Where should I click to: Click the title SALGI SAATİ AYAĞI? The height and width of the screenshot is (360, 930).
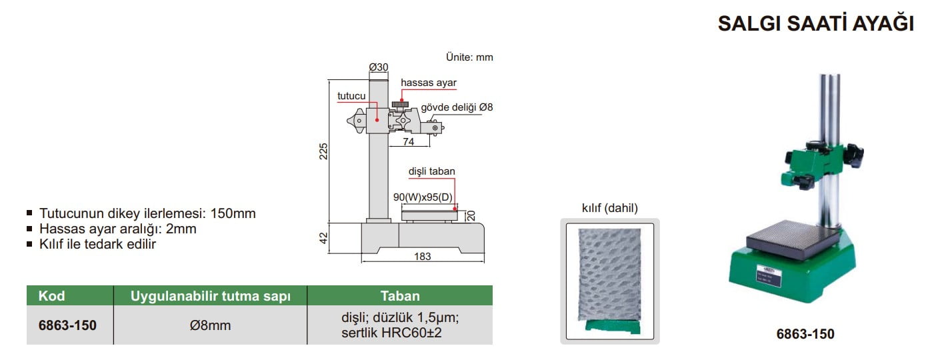[815, 23]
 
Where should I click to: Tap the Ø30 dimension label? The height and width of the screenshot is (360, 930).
[379, 67]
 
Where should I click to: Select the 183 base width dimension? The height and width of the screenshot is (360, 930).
[422, 256]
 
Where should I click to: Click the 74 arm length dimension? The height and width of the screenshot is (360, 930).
[408, 142]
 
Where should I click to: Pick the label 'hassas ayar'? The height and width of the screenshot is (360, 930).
[429, 82]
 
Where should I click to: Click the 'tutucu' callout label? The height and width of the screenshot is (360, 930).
[351, 96]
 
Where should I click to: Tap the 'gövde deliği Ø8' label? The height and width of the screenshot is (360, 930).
[457, 107]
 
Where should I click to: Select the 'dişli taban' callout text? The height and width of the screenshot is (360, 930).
[432, 171]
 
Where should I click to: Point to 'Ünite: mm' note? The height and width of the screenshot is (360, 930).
[469, 57]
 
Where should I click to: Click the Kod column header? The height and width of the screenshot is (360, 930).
[52, 296]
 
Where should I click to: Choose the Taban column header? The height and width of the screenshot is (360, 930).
[400, 296]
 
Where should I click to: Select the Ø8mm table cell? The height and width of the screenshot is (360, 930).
[211, 325]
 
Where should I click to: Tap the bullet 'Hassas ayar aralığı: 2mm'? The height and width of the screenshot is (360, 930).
[118, 229]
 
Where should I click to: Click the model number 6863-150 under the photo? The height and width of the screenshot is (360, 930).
[805, 334]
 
